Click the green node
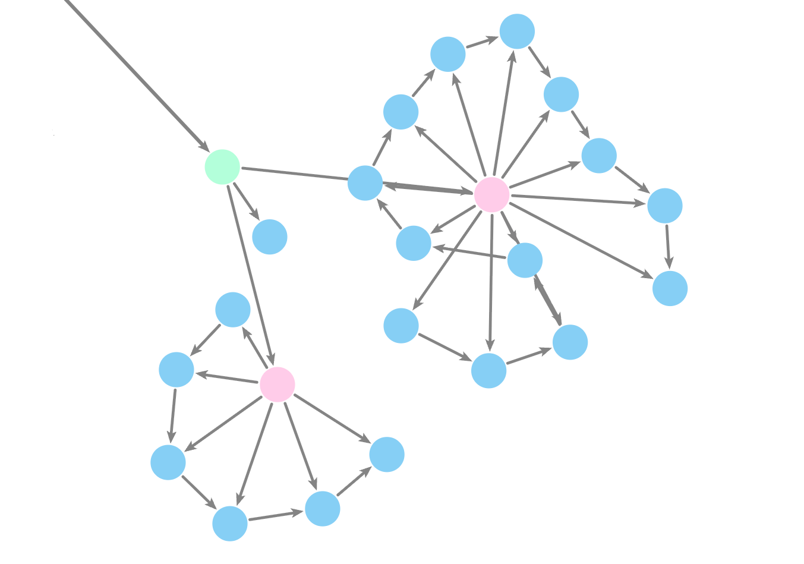pos(222,167)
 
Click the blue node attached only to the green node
pos(270,237)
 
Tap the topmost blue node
pos(517,31)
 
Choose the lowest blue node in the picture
pos(230,524)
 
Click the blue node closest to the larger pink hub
pos(525,260)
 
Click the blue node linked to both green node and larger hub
pos(365,183)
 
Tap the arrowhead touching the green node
pos(201,145)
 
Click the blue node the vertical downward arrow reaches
pos(489,371)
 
